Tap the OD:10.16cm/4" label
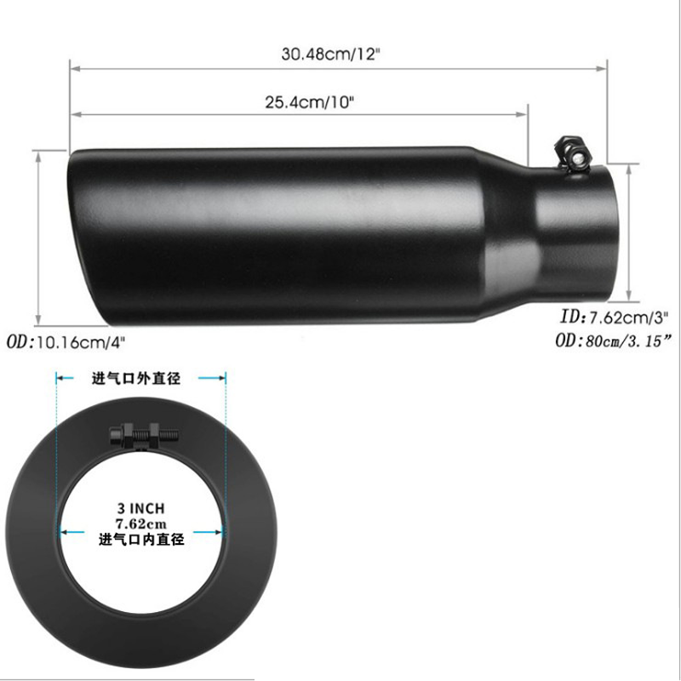click(72, 341)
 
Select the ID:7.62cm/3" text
click(614, 318)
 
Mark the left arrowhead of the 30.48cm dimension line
click(72, 66)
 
